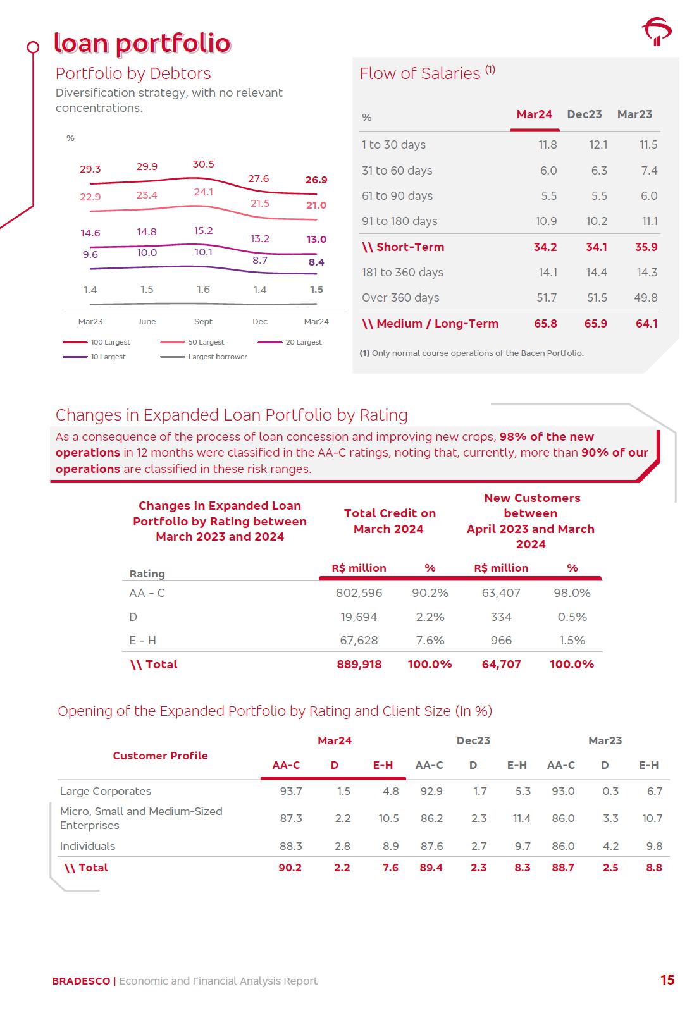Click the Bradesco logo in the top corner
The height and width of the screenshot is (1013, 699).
point(657,32)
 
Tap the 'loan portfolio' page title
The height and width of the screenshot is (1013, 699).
point(142,43)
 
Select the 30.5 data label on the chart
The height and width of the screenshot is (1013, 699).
point(203,164)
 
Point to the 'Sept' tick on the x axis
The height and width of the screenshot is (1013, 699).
point(203,322)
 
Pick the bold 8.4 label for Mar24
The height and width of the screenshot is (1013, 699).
point(316,262)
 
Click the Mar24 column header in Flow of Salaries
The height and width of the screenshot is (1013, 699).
point(534,114)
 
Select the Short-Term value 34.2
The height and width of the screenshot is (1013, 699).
point(545,247)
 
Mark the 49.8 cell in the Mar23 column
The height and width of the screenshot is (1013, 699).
point(646,298)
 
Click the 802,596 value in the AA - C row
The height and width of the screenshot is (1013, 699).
point(359,593)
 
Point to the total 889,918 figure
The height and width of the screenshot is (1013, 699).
point(359,665)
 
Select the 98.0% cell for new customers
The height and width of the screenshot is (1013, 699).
point(572,593)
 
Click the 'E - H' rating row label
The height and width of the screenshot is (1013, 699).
point(142,641)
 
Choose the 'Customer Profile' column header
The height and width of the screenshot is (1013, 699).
point(160,756)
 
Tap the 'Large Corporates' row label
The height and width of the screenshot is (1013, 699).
point(106,791)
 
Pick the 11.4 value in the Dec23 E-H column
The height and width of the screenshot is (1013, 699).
point(521,818)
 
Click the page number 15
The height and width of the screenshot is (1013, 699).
point(667,980)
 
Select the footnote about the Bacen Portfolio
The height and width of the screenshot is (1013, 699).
point(471,353)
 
